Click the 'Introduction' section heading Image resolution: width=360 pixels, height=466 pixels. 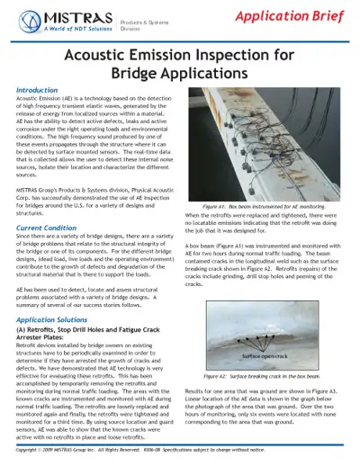click(x=43, y=91)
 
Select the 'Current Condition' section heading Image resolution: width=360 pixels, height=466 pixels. click(x=54, y=229)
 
